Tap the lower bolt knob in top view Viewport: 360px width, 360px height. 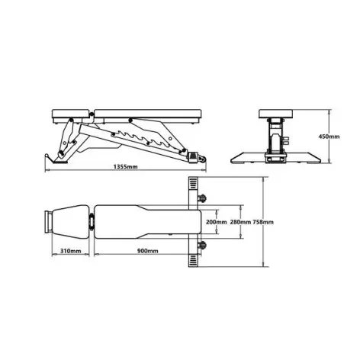[x=203, y=245]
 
